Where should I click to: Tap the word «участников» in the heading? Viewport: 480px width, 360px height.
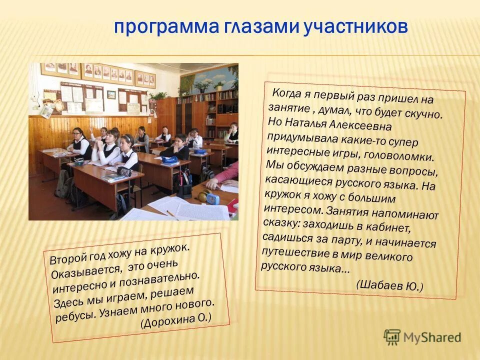pos(355,27)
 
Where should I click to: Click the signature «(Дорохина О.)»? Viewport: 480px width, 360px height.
pos(176,319)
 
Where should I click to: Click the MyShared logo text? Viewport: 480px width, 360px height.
pos(432,337)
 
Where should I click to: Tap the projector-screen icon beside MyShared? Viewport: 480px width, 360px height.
pos(392,337)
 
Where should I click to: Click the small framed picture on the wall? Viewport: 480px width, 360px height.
pos(111,94)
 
